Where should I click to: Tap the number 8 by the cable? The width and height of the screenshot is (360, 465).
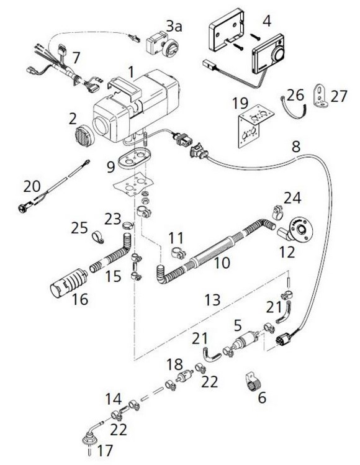295,147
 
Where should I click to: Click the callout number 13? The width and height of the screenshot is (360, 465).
214,300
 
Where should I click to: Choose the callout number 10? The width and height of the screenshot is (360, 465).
222,263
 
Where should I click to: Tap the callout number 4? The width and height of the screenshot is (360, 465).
266,20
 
